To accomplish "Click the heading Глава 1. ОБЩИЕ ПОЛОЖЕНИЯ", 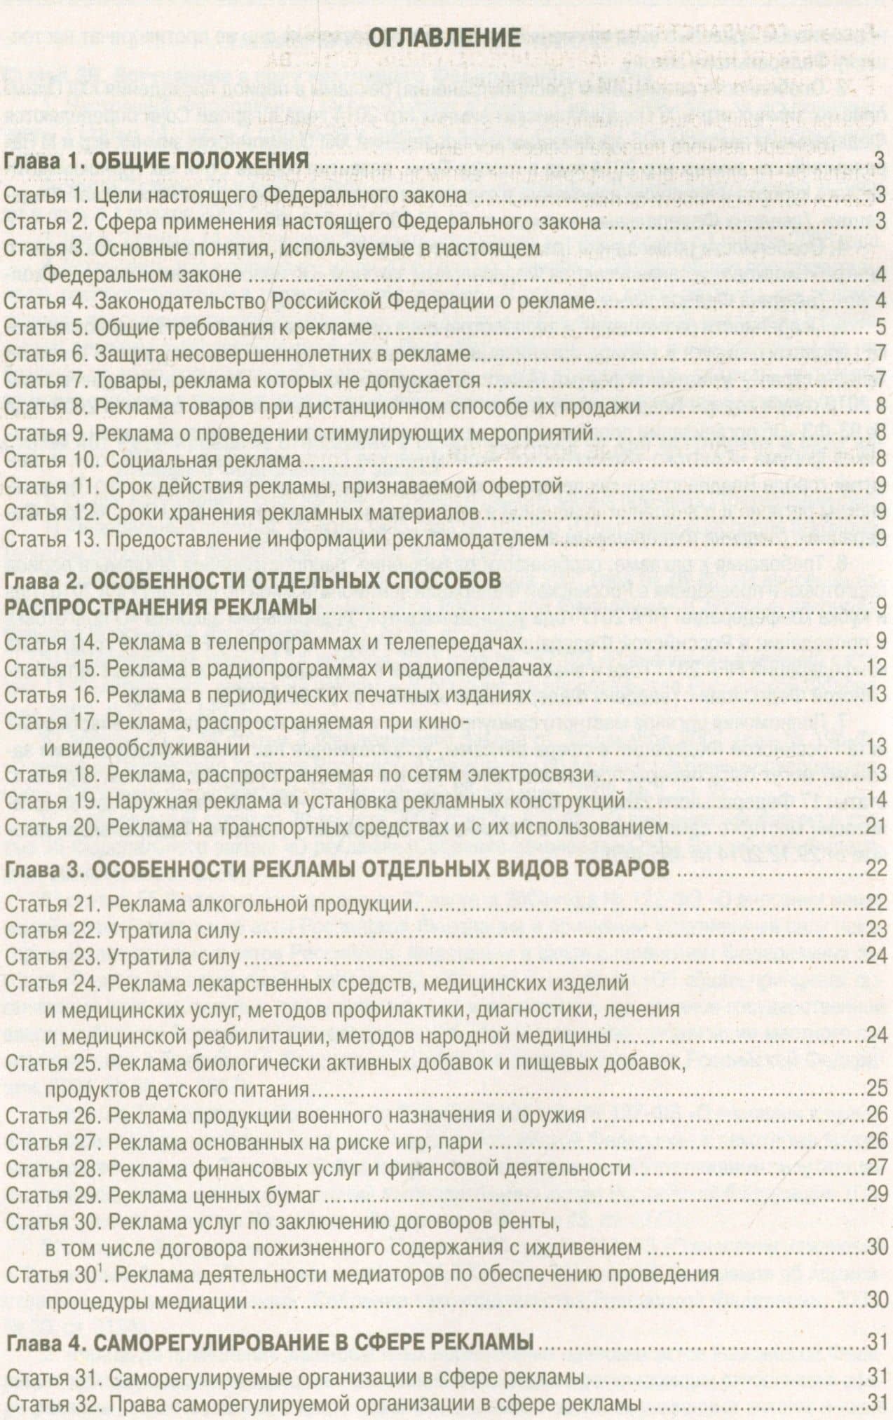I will click(157, 162).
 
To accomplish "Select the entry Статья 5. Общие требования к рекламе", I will click(187, 328).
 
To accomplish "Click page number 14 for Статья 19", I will click(877, 800).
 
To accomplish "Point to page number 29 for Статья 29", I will click(877, 1193).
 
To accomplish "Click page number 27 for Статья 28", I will click(877, 1167).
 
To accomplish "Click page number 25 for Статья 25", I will click(877, 1089).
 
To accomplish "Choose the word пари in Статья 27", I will click(463, 1142).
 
